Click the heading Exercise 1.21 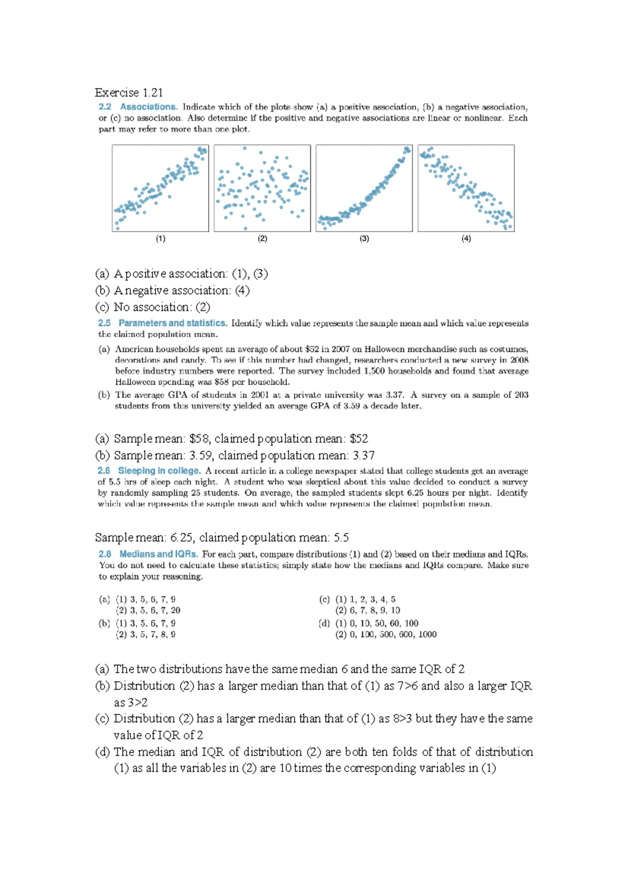point(128,93)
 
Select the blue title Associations point(149,107)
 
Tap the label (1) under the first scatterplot point(160,239)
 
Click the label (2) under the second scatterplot point(262,239)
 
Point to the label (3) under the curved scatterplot point(364,239)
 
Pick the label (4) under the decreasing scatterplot point(466,239)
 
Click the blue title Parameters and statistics point(173,323)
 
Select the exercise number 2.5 point(104,323)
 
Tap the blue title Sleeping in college point(159,471)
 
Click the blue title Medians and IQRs point(159,554)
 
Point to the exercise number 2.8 point(105,554)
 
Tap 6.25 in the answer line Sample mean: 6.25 point(182,538)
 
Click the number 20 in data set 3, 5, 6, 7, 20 point(175,610)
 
